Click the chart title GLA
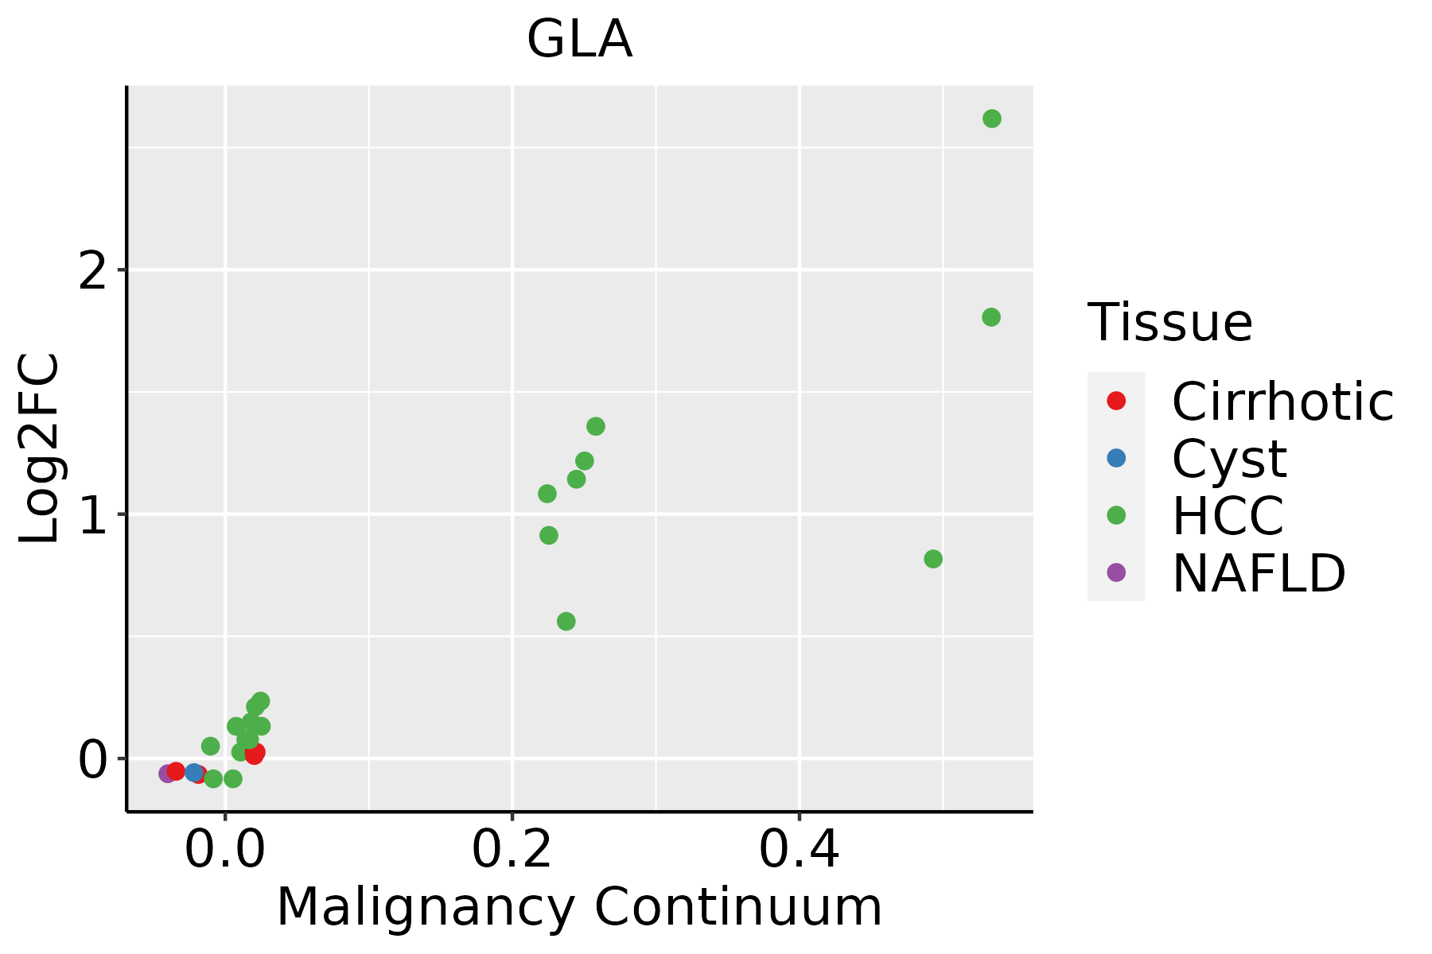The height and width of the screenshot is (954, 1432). (579, 40)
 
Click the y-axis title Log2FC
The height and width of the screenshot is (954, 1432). (40, 449)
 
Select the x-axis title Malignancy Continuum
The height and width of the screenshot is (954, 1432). (579, 907)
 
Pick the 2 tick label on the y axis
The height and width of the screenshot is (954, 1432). (93, 271)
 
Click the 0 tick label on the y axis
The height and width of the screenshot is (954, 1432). (93, 760)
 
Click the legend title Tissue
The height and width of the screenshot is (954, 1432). (1169, 323)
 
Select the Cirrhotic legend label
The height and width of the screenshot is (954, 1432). (1282, 401)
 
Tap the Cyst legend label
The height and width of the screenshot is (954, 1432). (1229, 459)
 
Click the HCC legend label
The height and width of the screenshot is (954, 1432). (1228, 516)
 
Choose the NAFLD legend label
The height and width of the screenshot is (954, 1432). (1259, 573)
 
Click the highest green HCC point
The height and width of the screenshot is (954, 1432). (991, 118)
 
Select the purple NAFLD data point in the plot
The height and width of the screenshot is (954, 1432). (167, 774)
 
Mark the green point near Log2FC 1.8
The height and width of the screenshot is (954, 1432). (990, 317)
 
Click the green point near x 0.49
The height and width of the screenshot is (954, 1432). (933, 559)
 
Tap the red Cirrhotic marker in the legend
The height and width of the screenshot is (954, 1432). (1116, 401)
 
